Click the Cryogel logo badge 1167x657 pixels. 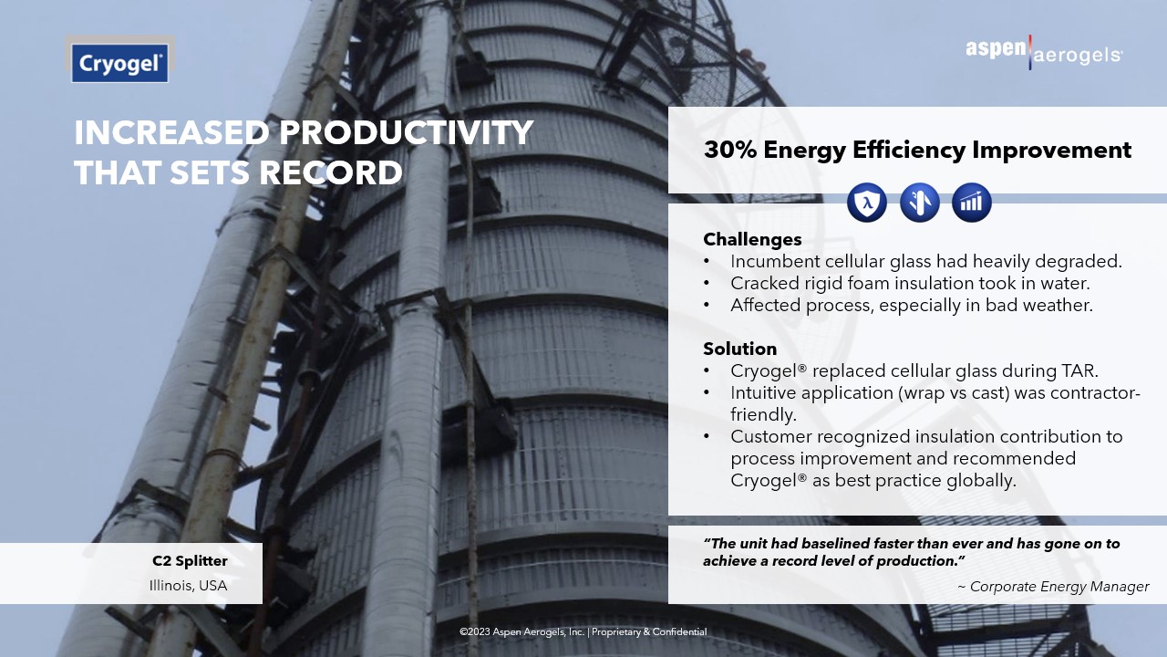click(119, 63)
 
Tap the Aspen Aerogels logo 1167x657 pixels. click(1044, 53)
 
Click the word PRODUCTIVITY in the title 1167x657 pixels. click(407, 132)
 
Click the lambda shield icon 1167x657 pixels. click(867, 203)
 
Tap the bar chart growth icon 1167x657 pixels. click(972, 203)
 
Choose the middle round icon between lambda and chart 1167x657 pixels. click(920, 203)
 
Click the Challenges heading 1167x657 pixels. click(752, 239)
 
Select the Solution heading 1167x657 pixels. click(739, 349)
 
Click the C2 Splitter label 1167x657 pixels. click(190, 561)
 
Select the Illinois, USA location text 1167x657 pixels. click(188, 586)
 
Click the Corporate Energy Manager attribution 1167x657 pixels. click(1054, 587)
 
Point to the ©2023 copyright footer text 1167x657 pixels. click(583, 632)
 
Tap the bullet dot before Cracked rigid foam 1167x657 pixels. click(707, 284)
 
